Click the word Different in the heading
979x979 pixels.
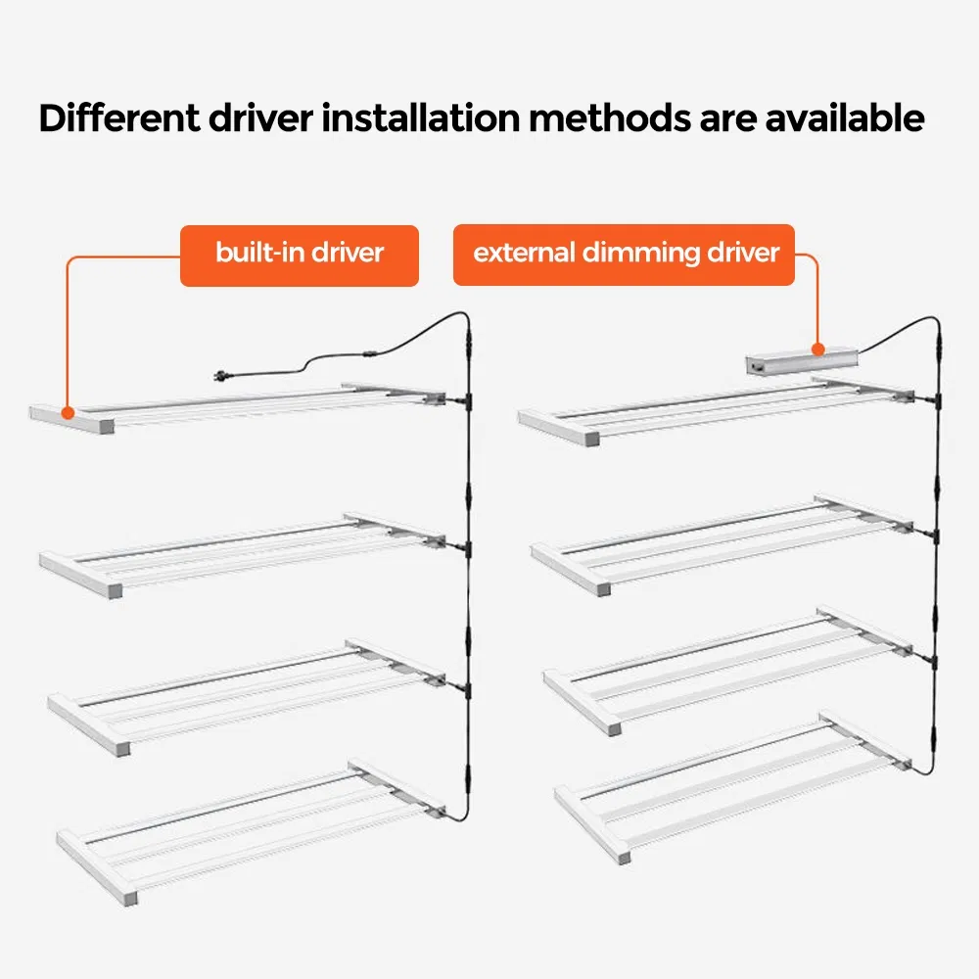pos(119,117)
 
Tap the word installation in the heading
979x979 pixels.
pos(420,117)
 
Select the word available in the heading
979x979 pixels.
pos(845,117)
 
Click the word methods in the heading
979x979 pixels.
pos(610,117)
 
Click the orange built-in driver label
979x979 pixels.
pos(299,256)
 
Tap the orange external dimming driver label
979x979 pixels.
pos(624,255)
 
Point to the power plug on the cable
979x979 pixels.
pos(223,375)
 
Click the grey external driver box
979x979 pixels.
pos(802,362)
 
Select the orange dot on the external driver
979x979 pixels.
pos(817,350)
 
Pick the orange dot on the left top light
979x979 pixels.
pos(69,413)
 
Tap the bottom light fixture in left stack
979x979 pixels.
pos(251,830)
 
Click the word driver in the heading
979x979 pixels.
pos(261,117)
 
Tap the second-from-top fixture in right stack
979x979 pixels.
pos(723,544)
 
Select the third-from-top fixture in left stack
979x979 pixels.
pos(247,695)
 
